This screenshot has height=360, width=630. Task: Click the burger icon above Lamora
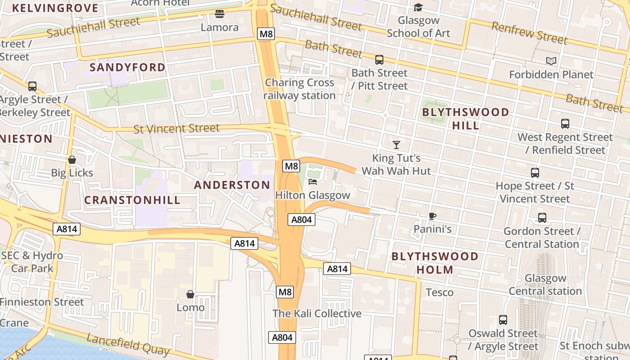(219, 14)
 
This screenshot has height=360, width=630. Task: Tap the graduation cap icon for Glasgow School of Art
(418, 7)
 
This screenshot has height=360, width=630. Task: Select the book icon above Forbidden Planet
(551, 61)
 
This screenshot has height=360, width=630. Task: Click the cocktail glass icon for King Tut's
(396, 144)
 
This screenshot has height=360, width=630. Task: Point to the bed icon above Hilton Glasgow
(313, 182)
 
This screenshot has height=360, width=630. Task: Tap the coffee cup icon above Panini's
(432, 216)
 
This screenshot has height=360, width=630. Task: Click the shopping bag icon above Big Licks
(72, 160)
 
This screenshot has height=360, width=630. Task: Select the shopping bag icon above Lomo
(190, 294)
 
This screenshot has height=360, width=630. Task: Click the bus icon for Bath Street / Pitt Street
(379, 59)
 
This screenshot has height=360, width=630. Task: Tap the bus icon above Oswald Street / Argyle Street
(503, 320)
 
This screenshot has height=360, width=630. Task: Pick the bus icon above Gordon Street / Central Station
(542, 218)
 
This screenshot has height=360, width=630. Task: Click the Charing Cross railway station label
(299, 89)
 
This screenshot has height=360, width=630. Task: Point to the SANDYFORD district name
(127, 67)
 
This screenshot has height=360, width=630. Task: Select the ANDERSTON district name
(232, 185)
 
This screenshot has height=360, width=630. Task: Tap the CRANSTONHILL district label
(132, 200)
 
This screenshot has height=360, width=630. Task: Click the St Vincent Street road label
(176, 129)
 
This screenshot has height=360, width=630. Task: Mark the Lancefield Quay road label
(128, 345)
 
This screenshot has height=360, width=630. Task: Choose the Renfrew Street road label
(529, 33)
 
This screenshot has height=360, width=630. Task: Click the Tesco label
(440, 292)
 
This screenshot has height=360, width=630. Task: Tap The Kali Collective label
(317, 314)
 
